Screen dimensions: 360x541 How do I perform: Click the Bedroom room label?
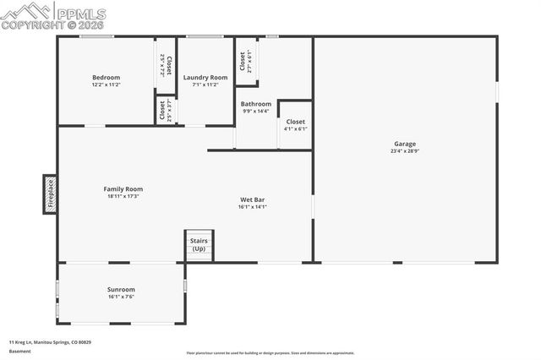106,78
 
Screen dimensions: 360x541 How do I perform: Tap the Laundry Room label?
205,78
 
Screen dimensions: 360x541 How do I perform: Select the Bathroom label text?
256,104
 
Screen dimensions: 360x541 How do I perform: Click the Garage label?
405,143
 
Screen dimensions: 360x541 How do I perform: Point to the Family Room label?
123,189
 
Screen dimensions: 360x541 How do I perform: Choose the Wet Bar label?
252,199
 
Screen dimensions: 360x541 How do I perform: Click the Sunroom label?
121,289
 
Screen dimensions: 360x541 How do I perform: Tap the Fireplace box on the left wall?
51,193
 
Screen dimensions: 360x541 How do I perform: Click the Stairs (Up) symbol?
199,245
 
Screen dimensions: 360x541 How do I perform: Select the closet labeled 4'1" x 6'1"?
295,124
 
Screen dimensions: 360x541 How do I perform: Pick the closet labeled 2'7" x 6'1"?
246,62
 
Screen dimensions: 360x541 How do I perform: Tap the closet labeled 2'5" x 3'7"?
165,110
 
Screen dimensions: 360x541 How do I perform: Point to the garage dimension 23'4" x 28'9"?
405,151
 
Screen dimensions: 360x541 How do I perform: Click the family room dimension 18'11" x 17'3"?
123,197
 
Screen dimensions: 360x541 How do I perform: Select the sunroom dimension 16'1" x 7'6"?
121,297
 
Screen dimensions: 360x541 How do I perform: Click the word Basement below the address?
19,351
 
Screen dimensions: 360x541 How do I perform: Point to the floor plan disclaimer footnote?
270,353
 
